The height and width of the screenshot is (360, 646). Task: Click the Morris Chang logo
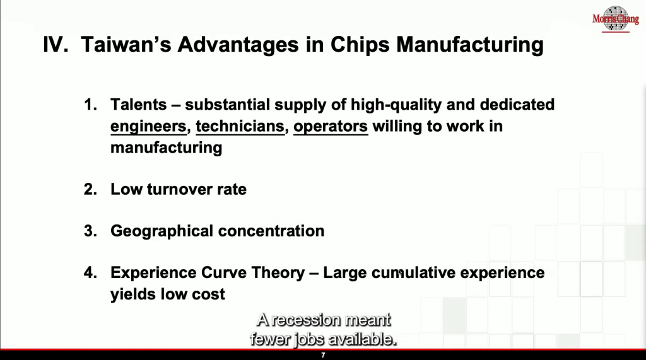(x=616, y=19)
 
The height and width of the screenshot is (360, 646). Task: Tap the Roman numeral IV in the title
(x=56, y=44)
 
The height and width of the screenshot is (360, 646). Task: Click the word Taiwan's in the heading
(x=126, y=44)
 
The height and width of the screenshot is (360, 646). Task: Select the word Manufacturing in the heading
(x=469, y=45)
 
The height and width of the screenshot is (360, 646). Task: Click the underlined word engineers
(x=148, y=127)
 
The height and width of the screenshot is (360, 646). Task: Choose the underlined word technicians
(x=240, y=126)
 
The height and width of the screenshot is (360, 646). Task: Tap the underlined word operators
(x=331, y=127)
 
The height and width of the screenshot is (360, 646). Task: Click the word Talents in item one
(x=138, y=105)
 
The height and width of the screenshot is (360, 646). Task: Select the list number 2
(x=90, y=190)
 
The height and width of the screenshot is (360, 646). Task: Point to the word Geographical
(x=162, y=231)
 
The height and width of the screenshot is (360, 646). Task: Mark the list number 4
(x=90, y=272)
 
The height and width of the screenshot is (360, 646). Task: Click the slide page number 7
(x=323, y=355)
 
